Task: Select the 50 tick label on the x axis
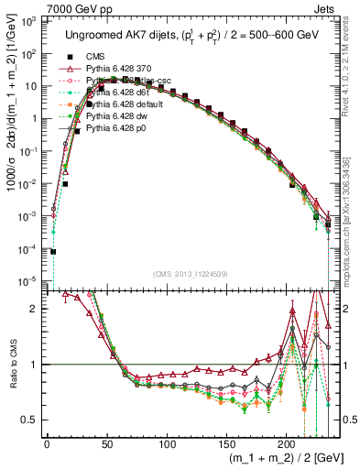pyautogui.click(x=107, y=443)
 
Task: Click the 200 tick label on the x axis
pyautogui.click(x=287, y=443)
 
